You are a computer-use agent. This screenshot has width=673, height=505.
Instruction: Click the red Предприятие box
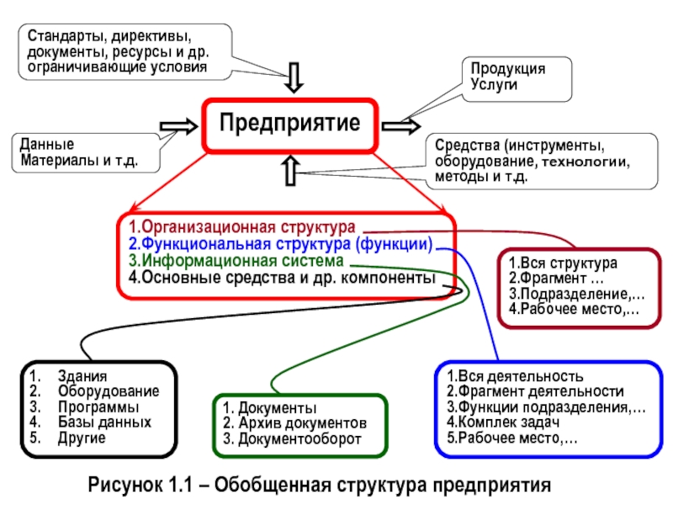click(x=290, y=124)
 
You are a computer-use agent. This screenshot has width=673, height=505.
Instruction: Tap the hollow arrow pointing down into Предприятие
click(x=294, y=77)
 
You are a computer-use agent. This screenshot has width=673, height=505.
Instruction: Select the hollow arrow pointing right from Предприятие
click(x=401, y=126)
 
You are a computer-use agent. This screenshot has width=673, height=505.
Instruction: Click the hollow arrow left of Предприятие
click(x=178, y=126)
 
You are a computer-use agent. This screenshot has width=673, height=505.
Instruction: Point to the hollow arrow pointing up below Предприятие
click(x=291, y=170)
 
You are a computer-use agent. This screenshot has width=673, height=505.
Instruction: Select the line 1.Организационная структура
click(x=241, y=228)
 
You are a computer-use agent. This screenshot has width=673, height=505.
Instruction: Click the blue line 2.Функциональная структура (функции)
click(x=281, y=245)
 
